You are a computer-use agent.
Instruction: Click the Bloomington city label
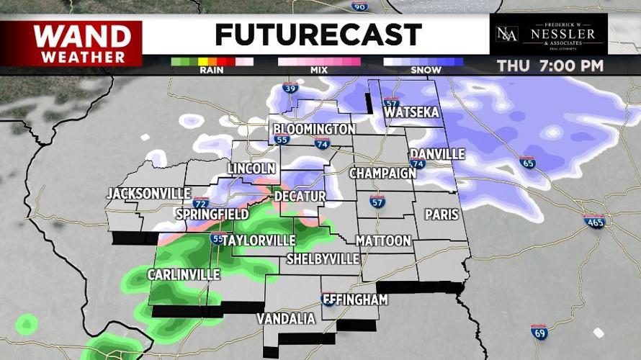click(x=313, y=129)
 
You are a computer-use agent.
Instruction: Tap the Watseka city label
click(x=412, y=114)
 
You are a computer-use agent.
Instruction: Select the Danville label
click(x=437, y=154)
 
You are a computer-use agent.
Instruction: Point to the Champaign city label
click(x=382, y=174)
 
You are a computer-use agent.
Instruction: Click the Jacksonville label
click(x=148, y=194)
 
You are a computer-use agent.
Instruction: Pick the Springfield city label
click(x=212, y=215)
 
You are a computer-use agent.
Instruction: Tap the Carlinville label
click(x=184, y=275)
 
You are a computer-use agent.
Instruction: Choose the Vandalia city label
click(x=286, y=318)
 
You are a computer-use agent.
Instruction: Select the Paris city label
click(x=441, y=215)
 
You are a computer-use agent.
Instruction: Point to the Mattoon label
click(x=383, y=240)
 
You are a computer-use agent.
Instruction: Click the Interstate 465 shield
click(x=594, y=221)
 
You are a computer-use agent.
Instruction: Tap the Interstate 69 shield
click(x=539, y=332)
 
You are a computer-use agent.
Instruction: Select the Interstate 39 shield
click(x=289, y=89)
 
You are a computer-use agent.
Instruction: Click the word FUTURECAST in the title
click(x=318, y=35)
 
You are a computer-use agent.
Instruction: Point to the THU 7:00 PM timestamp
click(x=550, y=66)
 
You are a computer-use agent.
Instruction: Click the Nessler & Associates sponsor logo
click(x=548, y=34)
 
